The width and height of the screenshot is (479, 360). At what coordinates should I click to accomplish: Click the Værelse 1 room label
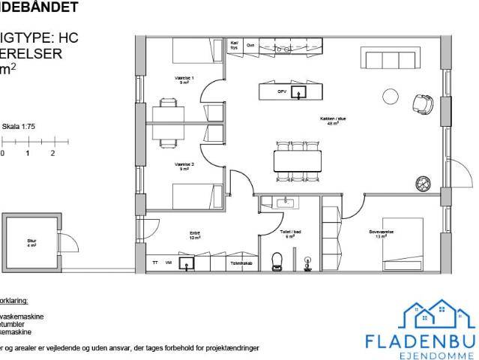[x=184, y=79]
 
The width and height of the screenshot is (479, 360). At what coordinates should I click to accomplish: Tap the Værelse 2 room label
[x=184, y=166]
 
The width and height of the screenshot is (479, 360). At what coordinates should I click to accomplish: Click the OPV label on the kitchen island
[x=282, y=91]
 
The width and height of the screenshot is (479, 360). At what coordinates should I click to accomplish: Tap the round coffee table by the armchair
[x=391, y=96]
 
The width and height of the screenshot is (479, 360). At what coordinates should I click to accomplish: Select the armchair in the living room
[x=424, y=103]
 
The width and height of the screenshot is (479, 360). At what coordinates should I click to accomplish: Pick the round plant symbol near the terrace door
[x=424, y=181]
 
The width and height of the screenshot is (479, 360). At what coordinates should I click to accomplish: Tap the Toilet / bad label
[x=290, y=235]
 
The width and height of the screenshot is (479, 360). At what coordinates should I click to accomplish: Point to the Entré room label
[x=195, y=235]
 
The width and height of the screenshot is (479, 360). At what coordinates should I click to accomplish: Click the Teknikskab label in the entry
[x=240, y=263]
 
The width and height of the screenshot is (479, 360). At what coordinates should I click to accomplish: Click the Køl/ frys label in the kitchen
[x=235, y=45]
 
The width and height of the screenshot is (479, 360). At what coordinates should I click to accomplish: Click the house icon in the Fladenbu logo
[x=439, y=315]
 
